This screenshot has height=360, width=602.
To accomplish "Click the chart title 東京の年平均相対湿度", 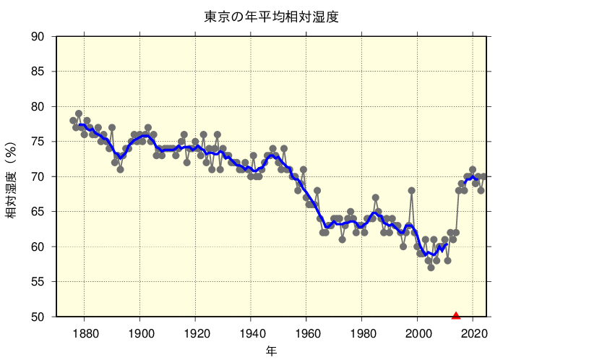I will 271,17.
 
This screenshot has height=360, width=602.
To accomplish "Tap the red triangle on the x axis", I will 456,315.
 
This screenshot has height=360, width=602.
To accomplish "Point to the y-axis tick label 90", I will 38,37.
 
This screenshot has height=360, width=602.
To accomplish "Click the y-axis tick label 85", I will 38,72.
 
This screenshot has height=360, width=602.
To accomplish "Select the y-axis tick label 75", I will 38,142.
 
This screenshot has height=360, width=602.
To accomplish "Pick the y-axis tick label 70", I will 38,176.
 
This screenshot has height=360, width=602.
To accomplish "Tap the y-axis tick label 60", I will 38,247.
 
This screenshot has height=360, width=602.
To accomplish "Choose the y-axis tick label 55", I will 38,282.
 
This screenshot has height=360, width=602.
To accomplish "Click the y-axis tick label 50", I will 38,317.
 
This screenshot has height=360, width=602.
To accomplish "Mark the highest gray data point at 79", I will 79,113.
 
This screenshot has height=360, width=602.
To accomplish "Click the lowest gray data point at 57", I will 431,267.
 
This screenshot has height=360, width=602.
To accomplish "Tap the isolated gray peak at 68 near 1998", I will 412,191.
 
